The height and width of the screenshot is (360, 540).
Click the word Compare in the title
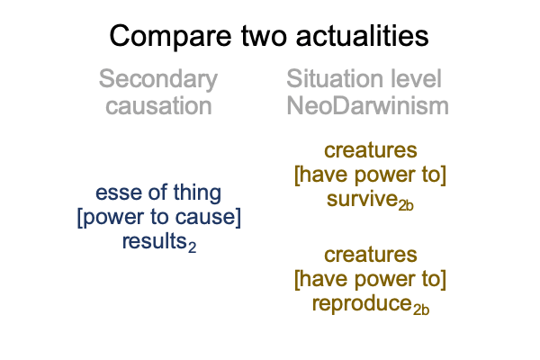(x=170, y=37)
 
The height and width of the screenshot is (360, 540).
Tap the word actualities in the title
(x=363, y=35)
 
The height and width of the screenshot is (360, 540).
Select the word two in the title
(x=264, y=36)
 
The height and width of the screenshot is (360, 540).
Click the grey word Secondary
(x=158, y=80)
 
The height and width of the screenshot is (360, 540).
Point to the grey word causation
(x=158, y=106)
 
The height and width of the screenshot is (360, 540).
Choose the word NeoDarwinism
(x=367, y=105)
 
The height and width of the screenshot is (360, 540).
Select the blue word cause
(x=205, y=218)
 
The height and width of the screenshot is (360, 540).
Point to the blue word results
(x=155, y=241)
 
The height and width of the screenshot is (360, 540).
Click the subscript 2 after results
(x=193, y=247)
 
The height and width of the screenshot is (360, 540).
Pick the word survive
(x=363, y=199)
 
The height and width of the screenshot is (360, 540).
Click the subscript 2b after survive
(x=406, y=205)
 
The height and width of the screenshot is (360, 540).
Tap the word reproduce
(x=362, y=304)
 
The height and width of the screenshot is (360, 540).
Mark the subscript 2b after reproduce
(x=421, y=310)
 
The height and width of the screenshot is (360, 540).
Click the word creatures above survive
(x=371, y=151)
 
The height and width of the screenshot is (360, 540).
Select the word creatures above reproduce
(x=371, y=256)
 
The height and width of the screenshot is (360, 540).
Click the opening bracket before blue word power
(x=80, y=218)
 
